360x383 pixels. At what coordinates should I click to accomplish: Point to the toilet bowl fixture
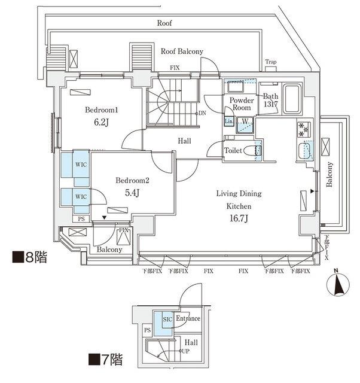[x=258, y=150]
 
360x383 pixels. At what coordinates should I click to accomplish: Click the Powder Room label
[x=239, y=104]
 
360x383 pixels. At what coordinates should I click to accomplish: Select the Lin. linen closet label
[x=228, y=121]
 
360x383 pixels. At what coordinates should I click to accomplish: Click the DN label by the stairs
[x=202, y=113]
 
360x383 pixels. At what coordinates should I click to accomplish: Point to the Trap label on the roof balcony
[x=271, y=62]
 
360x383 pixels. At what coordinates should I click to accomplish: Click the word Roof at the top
[x=165, y=23]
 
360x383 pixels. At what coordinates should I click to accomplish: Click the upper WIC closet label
[x=80, y=163]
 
